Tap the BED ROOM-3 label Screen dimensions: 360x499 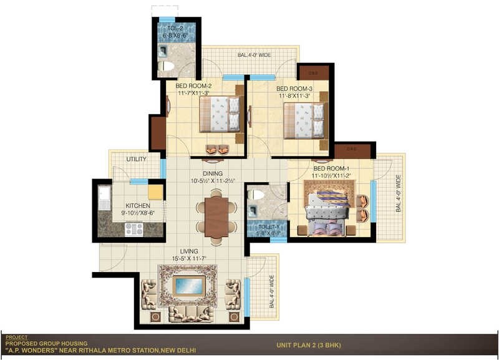pyautogui.click(x=294, y=89)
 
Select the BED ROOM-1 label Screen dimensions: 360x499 pyautogui.click(x=330, y=168)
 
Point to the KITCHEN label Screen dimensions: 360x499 pyautogui.click(x=137, y=205)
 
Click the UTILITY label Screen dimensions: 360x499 pyautogui.click(x=136, y=159)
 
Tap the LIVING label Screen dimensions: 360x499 pyautogui.click(x=189, y=251)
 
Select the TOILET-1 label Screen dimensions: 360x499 pyautogui.click(x=266, y=228)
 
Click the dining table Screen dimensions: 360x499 pyautogui.click(x=216, y=217)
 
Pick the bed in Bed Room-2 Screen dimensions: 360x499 pyautogui.click(x=219, y=115)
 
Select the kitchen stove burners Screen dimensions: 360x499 pyautogui.click(x=133, y=229)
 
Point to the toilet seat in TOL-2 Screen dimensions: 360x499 pyautogui.click(x=167, y=66)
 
